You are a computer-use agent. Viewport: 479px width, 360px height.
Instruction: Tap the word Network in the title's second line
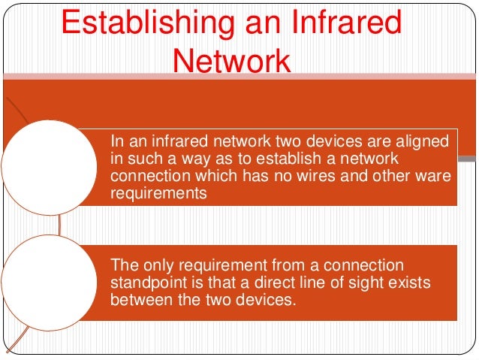pyautogui.click(x=230, y=59)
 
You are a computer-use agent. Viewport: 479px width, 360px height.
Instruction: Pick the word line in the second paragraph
pyautogui.click(x=309, y=283)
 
